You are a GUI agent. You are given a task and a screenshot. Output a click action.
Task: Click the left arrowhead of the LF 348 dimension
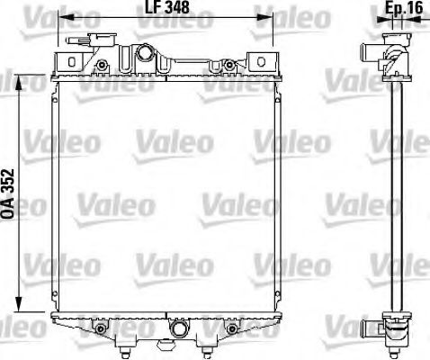63,15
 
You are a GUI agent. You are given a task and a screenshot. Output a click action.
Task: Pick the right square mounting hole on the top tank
263,60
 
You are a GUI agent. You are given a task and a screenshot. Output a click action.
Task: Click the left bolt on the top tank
103,64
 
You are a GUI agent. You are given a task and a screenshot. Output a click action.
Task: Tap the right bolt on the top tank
231,64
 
